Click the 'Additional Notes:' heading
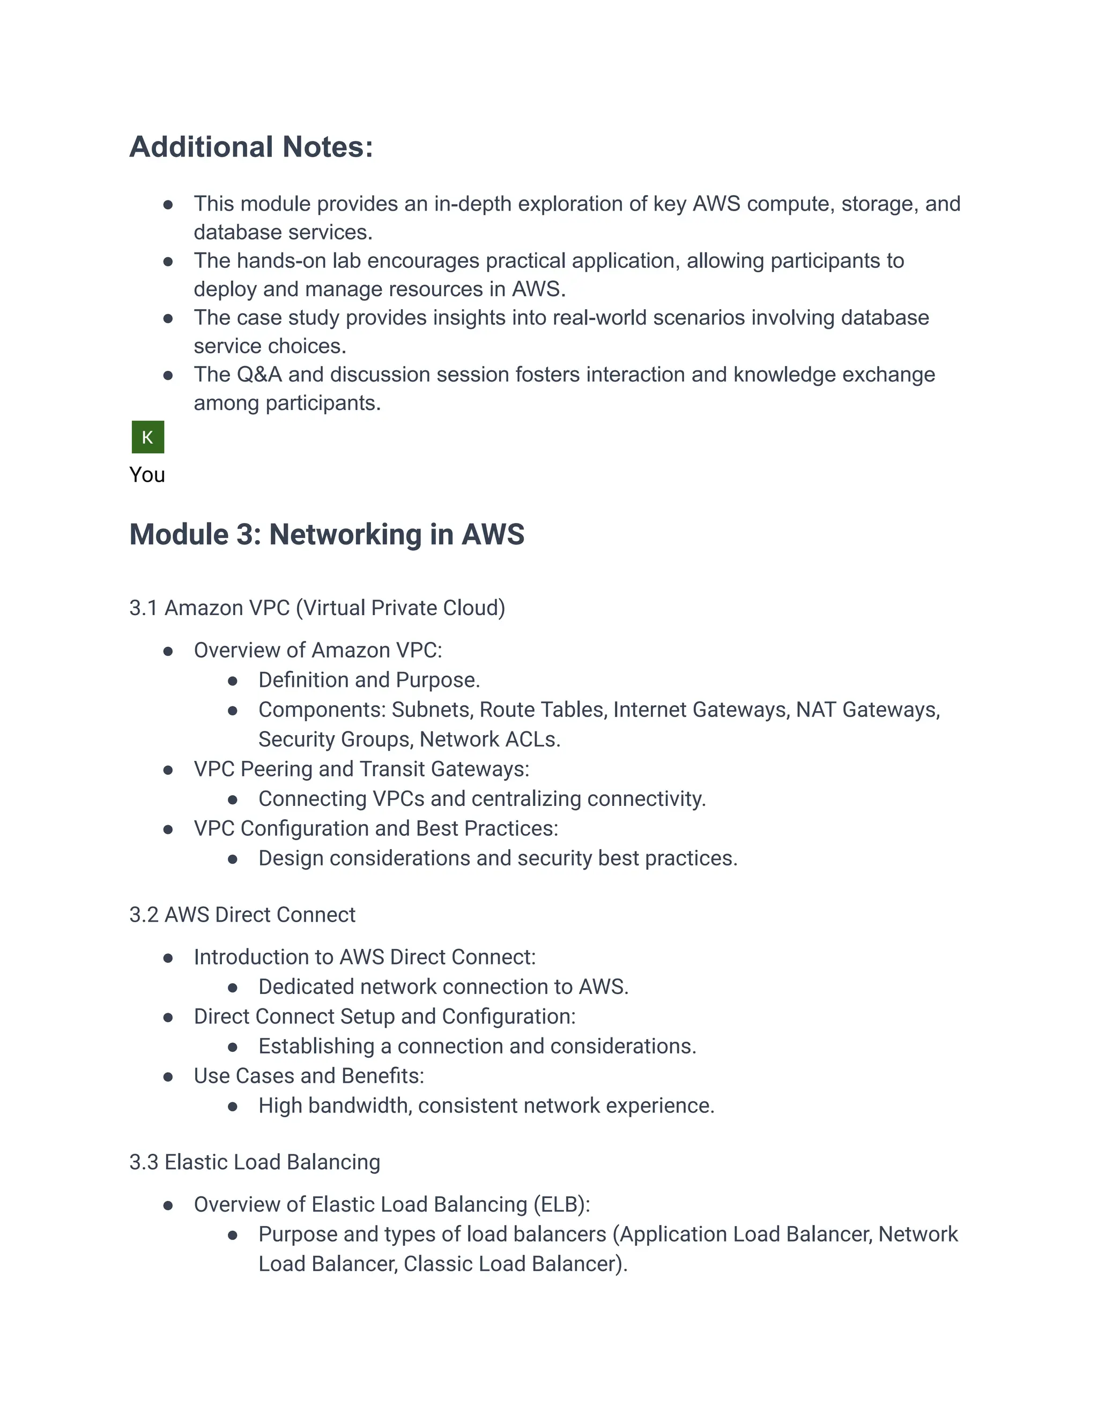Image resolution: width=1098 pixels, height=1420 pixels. pos(251,147)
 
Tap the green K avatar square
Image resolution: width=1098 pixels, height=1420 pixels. pos(147,437)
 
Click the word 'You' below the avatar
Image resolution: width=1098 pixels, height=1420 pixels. pos(147,475)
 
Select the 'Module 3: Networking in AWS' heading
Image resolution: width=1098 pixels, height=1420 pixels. pos(327,534)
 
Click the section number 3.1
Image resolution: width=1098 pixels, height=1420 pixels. pos(143,608)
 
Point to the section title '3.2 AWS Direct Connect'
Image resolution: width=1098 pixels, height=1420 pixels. pos(242,915)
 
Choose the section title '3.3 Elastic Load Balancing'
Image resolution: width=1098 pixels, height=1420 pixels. pos(254,1162)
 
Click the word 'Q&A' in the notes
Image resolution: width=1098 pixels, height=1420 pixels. pos(259,375)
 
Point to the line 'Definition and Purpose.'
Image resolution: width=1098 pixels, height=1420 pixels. pos(369,680)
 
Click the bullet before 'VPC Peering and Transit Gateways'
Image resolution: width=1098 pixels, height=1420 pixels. pos(168,771)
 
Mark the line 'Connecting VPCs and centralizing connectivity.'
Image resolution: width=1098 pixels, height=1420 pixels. pos(481,798)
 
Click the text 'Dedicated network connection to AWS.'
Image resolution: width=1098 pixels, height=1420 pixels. pos(443,987)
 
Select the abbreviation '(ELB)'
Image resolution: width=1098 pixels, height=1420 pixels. pos(561,1204)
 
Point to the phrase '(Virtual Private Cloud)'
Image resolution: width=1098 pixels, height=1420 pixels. pos(400,608)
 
